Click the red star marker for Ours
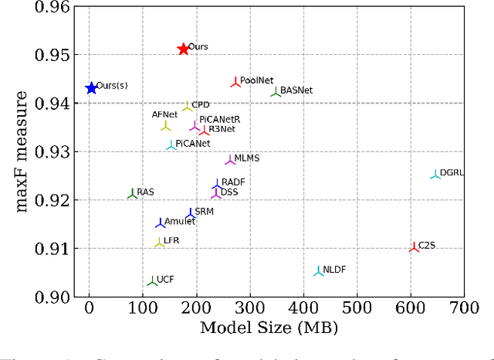[183, 49]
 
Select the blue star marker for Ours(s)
[91, 88]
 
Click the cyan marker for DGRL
[435, 175]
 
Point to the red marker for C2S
[414, 247]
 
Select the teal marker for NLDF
[318, 271]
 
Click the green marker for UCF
[153, 282]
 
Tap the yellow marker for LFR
[159, 243]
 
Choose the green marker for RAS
[133, 194]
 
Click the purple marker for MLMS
[230, 160]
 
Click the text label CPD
[201, 104]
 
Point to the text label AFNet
[164, 114]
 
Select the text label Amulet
[180, 221]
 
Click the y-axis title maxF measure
[23, 151]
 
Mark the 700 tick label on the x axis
[464, 308]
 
